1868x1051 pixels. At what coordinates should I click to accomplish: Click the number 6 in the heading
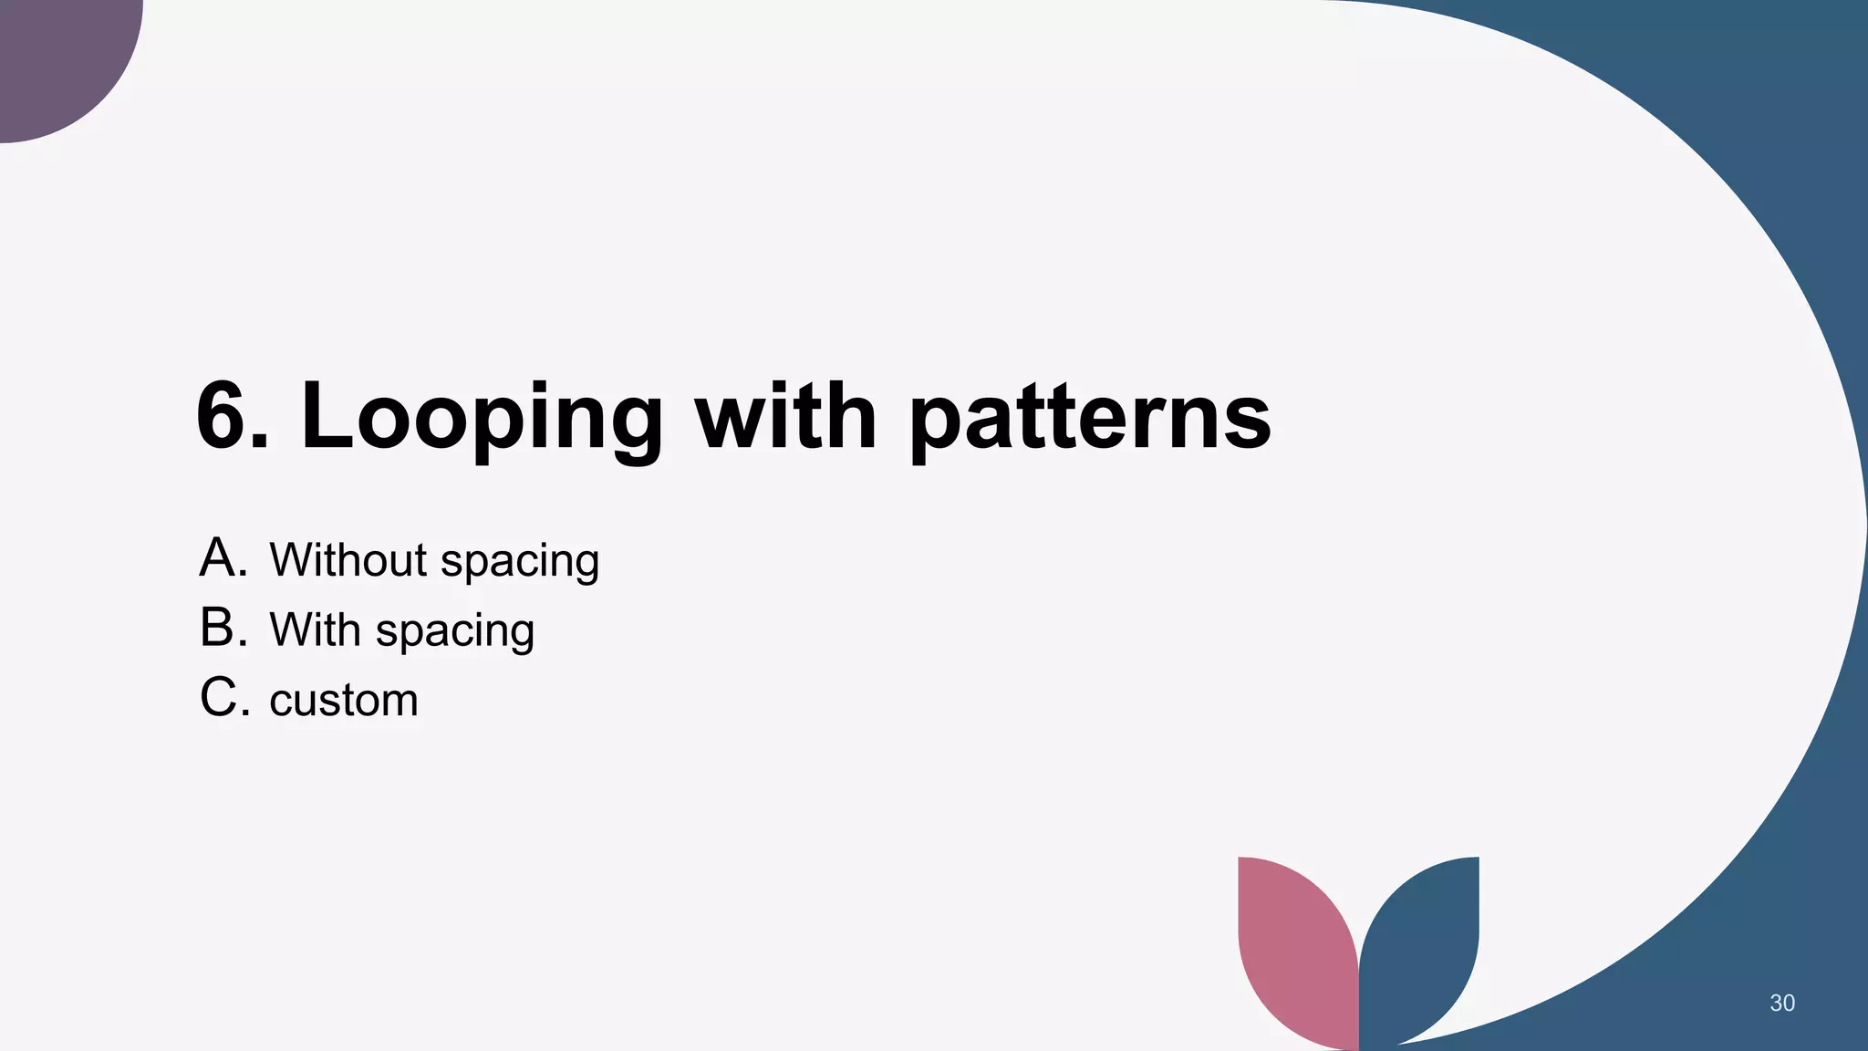[x=226, y=416]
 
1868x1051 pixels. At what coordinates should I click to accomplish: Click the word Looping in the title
[x=482, y=418]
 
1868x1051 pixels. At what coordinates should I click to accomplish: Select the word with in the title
[x=785, y=416]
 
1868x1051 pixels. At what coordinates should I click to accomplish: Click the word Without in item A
[x=348, y=559]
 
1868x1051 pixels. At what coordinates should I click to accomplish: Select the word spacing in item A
[x=520, y=563]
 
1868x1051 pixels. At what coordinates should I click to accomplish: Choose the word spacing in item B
[x=455, y=633]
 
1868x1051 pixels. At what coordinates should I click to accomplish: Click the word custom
[x=344, y=701]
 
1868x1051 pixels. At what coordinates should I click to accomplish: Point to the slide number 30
[x=1781, y=1003]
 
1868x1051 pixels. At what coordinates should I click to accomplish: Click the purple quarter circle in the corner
[x=55, y=55]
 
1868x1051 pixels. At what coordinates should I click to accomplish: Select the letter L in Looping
[x=327, y=416]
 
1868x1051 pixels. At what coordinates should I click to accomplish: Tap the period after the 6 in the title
[x=262, y=442]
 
